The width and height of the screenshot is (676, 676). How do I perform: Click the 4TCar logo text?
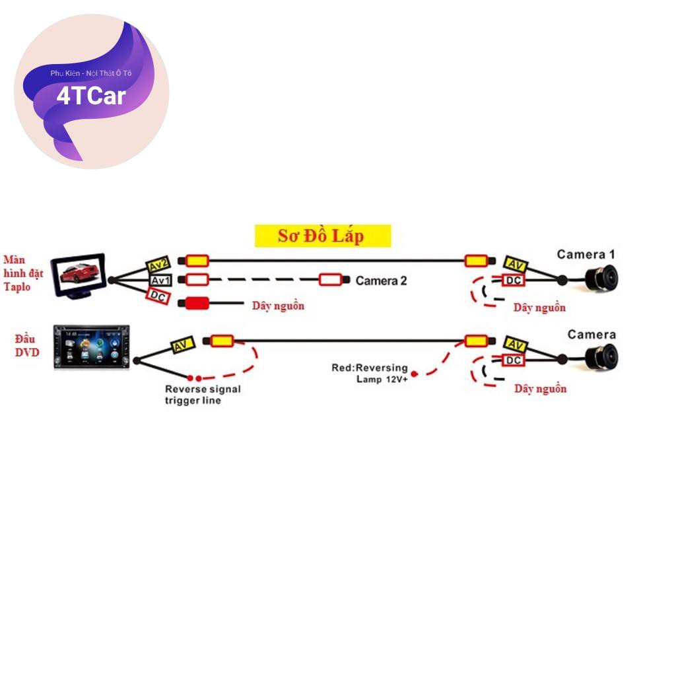[91, 96]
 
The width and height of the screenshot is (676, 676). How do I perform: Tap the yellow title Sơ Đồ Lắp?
[322, 236]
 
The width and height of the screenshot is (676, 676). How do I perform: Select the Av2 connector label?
[158, 265]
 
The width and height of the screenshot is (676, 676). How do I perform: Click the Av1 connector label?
[160, 280]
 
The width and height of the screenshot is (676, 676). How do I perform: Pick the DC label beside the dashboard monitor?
[158, 297]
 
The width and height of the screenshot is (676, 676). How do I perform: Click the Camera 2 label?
[381, 281]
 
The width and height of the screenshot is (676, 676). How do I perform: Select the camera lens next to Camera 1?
[601, 278]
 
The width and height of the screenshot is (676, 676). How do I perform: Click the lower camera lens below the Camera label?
[601, 357]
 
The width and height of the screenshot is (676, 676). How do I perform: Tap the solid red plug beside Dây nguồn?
[197, 304]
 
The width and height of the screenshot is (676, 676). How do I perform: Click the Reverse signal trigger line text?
[203, 395]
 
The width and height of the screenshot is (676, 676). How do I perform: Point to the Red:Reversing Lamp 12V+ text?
[370, 373]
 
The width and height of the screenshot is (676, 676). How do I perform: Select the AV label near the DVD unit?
[182, 345]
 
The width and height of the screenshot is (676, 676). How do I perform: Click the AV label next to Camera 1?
[516, 265]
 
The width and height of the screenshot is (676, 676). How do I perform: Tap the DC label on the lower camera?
[514, 360]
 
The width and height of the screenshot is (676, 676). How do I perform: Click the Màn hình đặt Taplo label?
[22, 273]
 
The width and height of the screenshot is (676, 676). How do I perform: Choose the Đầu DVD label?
[27, 345]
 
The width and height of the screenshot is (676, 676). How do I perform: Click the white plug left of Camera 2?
[334, 280]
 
